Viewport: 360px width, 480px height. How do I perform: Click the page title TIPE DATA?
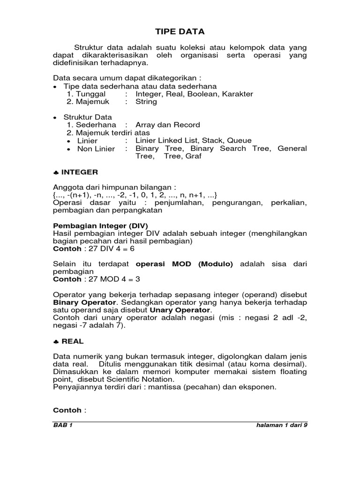[180, 32]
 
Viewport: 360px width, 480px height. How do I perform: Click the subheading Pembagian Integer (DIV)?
[97, 225]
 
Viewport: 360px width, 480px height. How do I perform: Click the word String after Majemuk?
[146, 101]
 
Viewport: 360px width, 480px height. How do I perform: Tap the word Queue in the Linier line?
[239, 140]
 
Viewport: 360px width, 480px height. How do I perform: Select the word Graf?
[194, 156]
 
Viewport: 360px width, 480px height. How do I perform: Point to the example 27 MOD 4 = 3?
[106, 279]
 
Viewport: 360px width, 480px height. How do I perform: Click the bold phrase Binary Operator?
[84, 302]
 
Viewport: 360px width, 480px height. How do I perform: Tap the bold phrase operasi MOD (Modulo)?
[184, 264]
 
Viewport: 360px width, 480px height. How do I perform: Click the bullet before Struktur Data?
[56, 118]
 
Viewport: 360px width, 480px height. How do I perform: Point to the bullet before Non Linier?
[69, 149]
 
